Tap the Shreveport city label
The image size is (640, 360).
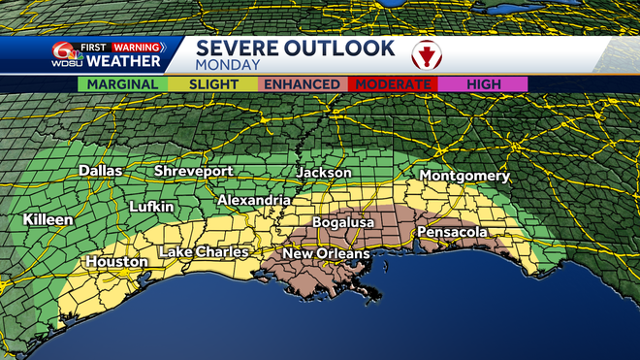[x=193, y=171]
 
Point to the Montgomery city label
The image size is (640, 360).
[x=464, y=176]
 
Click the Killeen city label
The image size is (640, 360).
[x=48, y=220]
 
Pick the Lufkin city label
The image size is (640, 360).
[x=151, y=207]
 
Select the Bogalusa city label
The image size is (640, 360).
[x=343, y=222]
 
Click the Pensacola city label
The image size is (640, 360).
[x=452, y=233]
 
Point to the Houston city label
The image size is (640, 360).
[x=116, y=262]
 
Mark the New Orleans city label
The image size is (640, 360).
[x=326, y=254]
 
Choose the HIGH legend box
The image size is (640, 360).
[x=482, y=84]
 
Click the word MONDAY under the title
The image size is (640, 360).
[x=229, y=65]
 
